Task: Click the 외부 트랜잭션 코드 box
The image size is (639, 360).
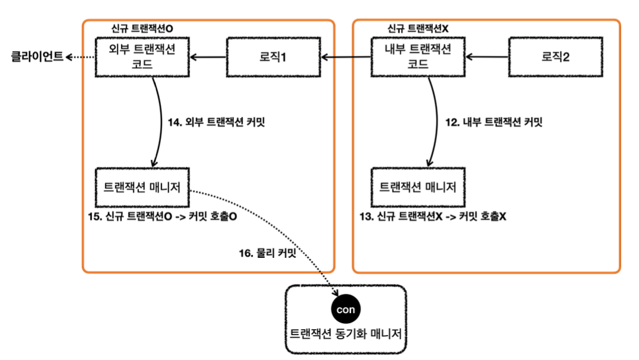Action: coord(143,57)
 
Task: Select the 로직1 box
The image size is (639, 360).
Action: coord(273,57)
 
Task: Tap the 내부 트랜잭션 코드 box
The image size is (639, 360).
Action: coord(418,57)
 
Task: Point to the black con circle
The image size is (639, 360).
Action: coord(345,310)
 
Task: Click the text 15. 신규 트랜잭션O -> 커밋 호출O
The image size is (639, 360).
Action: coord(162,217)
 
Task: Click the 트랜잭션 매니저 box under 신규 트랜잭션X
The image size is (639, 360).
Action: coord(417,187)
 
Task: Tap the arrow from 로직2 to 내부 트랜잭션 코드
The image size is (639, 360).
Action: coord(487,58)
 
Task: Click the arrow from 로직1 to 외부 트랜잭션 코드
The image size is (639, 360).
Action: coord(208,58)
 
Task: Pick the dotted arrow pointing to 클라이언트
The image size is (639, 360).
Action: coord(81,58)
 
